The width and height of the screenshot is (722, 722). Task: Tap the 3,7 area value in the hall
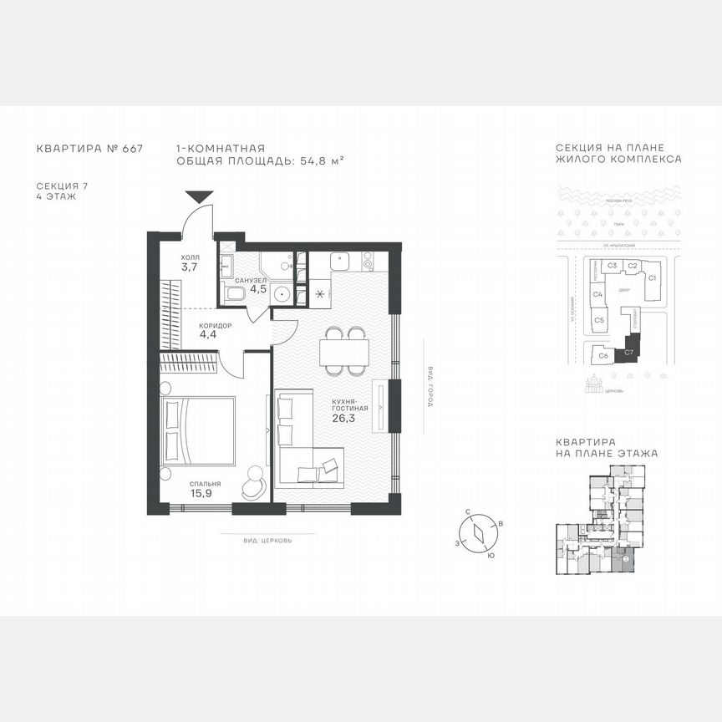(x=190, y=267)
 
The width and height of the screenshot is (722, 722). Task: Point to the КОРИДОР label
(x=215, y=325)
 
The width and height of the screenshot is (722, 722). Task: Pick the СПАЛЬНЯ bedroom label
(x=205, y=483)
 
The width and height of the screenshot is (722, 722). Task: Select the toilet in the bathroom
(x=234, y=293)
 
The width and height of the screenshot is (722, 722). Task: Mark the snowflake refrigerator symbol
(x=321, y=294)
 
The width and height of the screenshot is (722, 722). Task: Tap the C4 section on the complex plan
(x=598, y=295)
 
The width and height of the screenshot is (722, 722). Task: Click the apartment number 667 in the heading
(x=132, y=149)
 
